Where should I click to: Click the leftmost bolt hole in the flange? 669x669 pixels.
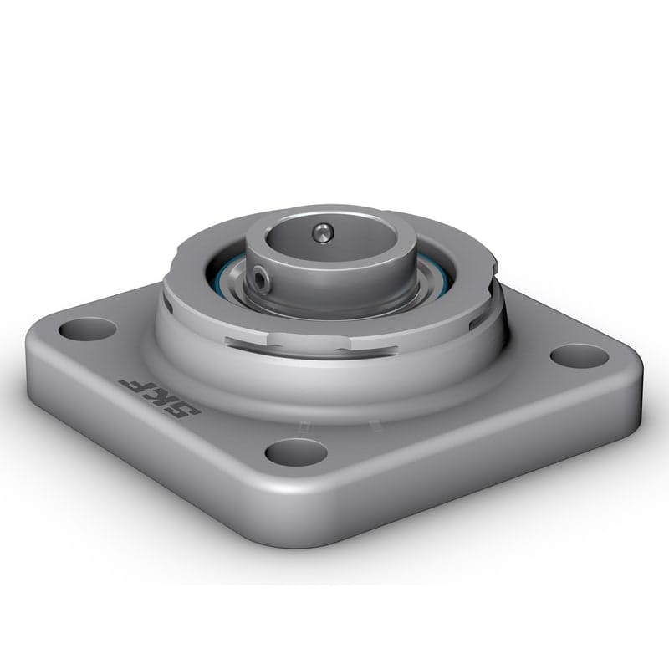click(87, 329)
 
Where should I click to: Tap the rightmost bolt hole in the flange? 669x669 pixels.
click(579, 355)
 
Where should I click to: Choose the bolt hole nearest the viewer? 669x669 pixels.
click(296, 452)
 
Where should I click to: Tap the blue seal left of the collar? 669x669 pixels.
click(219, 269)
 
